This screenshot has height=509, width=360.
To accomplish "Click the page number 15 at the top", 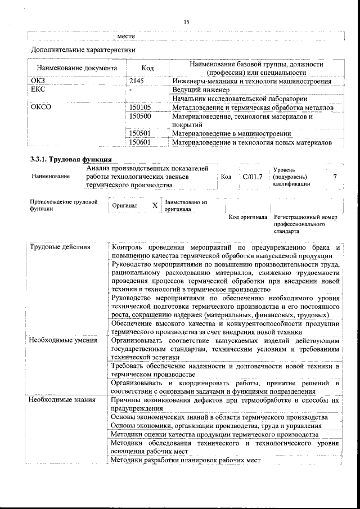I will click(x=186, y=21).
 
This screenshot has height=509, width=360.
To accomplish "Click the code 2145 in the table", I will click(x=137, y=82).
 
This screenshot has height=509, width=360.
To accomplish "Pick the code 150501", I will click(x=141, y=133).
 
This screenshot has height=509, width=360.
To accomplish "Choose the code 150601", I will click(x=141, y=142).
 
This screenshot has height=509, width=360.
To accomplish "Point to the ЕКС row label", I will click(x=38, y=90).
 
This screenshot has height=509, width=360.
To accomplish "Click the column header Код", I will click(x=148, y=68).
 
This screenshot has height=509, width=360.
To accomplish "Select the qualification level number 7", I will click(x=335, y=177).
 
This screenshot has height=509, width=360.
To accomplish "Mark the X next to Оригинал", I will click(x=155, y=206).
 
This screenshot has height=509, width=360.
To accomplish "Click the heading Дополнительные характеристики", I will click(x=83, y=50).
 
